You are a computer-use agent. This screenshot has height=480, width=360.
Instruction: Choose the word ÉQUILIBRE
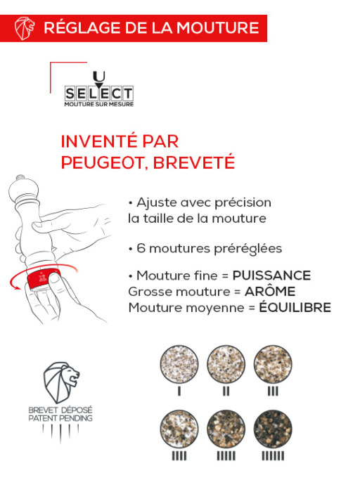point(291,307)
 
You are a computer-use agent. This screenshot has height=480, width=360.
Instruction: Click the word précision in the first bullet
point(243,202)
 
